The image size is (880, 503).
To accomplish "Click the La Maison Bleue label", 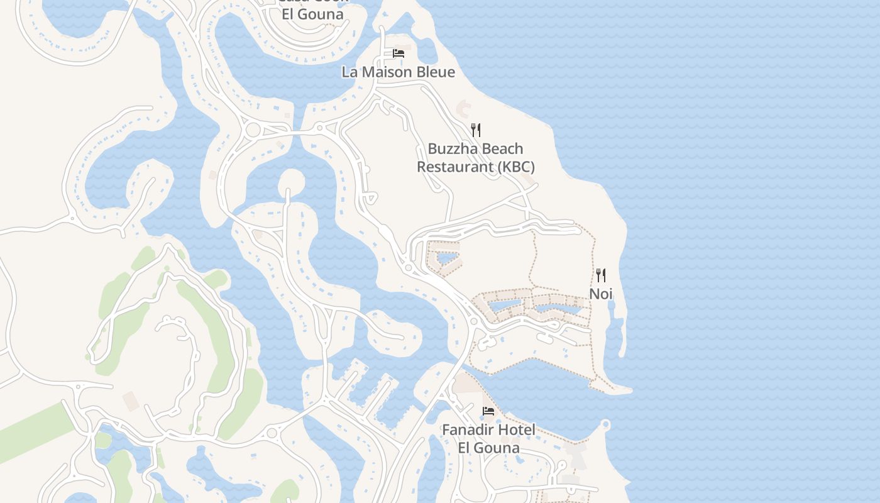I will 398,72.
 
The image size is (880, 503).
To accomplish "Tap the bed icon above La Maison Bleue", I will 399,53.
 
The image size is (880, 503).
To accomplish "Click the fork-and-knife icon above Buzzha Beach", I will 476,130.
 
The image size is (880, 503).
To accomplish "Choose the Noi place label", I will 601,294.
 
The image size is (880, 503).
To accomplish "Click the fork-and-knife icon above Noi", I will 601,275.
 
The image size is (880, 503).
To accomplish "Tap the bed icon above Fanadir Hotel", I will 488,412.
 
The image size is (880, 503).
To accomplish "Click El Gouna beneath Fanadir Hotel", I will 488,448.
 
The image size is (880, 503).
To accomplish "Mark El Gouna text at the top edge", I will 312,14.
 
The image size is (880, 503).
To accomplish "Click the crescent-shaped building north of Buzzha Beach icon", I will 462,109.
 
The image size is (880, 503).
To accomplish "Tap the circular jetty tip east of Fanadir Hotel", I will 605,424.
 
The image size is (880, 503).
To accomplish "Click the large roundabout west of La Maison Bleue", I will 253,130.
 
